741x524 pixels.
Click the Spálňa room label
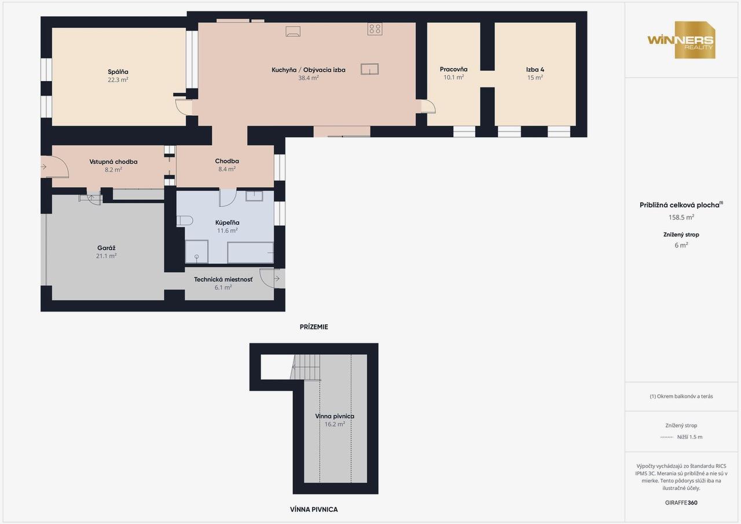[x=118, y=72]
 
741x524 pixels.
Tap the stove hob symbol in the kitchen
[x=375, y=29]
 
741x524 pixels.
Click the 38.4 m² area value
[x=309, y=78]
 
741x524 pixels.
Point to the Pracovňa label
[x=453, y=69]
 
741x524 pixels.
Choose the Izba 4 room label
[x=535, y=69]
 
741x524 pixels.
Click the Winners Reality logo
[x=681, y=40]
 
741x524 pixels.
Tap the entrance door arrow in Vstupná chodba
[x=43, y=167]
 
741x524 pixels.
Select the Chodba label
[x=226, y=161]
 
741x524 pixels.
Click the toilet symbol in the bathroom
[x=185, y=221]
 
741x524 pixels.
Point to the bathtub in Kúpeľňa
[x=251, y=253]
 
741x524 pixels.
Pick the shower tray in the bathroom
[x=196, y=252]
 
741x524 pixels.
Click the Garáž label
[x=106, y=248]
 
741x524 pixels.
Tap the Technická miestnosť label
[x=223, y=280]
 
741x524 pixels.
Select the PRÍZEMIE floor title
[x=314, y=327]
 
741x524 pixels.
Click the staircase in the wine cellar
[x=306, y=367]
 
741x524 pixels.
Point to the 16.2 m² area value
[x=335, y=424]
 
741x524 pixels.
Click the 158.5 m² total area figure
[x=681, y=217]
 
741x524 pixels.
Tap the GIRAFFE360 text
[x=681, y=503]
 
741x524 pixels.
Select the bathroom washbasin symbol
[x=254, y=196]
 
